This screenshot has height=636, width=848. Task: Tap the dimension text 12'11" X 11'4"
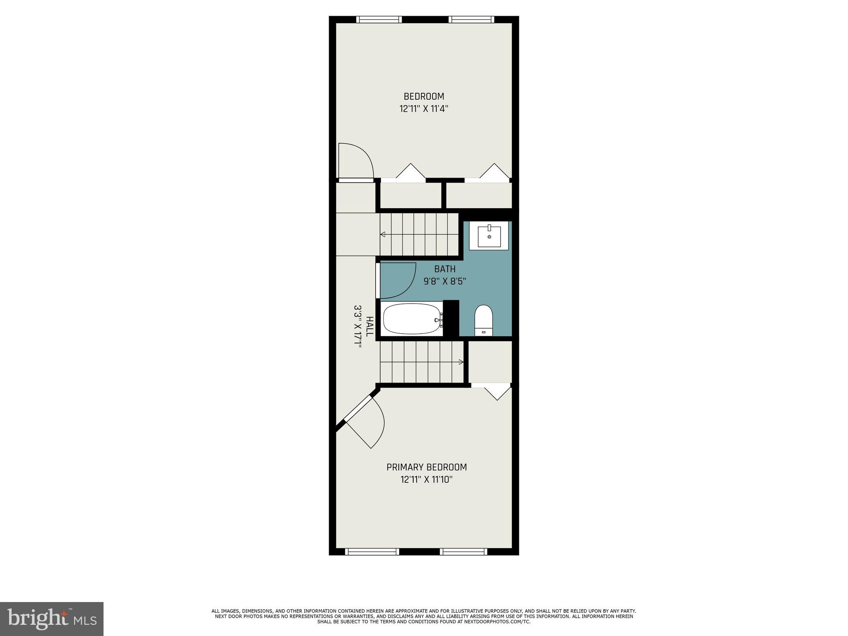(x=424, y=109)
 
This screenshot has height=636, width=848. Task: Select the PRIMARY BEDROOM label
(x=426, y=467)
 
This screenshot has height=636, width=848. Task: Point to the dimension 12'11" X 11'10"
(x=426, y=480)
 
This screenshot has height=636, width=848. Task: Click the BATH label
(x=445, y=269)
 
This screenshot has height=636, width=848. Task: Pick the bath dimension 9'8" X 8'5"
(x=445, y=282)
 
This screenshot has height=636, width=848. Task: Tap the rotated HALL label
(x=370, y=326)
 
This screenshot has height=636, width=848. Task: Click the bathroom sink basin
(x=489, y=236)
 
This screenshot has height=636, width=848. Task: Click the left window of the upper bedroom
(x=379, y=19)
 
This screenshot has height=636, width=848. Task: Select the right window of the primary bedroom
(x=464, y=552)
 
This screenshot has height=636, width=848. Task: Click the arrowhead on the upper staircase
(x=383, y=235)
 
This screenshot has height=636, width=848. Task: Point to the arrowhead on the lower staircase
(x=461, y=362)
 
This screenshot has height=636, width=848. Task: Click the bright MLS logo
(x=52, y=619)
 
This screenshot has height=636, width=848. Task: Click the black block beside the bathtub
(x=451, y=318)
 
